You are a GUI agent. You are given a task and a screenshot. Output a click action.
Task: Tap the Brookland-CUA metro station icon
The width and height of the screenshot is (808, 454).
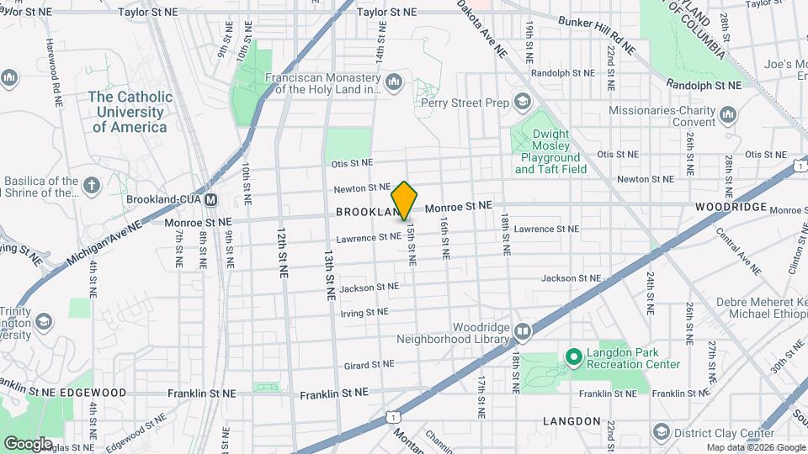(x=211, y=200)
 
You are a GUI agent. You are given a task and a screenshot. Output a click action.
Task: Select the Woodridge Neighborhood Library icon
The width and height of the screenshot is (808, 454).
(x=523, y=332)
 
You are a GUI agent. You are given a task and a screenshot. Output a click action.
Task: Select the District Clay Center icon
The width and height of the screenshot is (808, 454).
(x=662, y=433)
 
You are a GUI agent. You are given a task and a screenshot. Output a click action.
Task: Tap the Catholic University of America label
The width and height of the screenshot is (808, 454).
(x=130, y=112)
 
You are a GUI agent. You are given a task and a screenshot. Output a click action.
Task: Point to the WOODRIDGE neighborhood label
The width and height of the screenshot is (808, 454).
(x=731, y=207)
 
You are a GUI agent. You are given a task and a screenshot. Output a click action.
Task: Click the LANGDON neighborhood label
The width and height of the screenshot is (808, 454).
(x=571, y=420)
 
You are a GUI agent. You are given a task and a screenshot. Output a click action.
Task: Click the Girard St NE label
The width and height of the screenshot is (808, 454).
(x=369, y=366)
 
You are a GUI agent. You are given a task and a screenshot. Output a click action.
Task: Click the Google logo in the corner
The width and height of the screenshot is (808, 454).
(x=27, y=443)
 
